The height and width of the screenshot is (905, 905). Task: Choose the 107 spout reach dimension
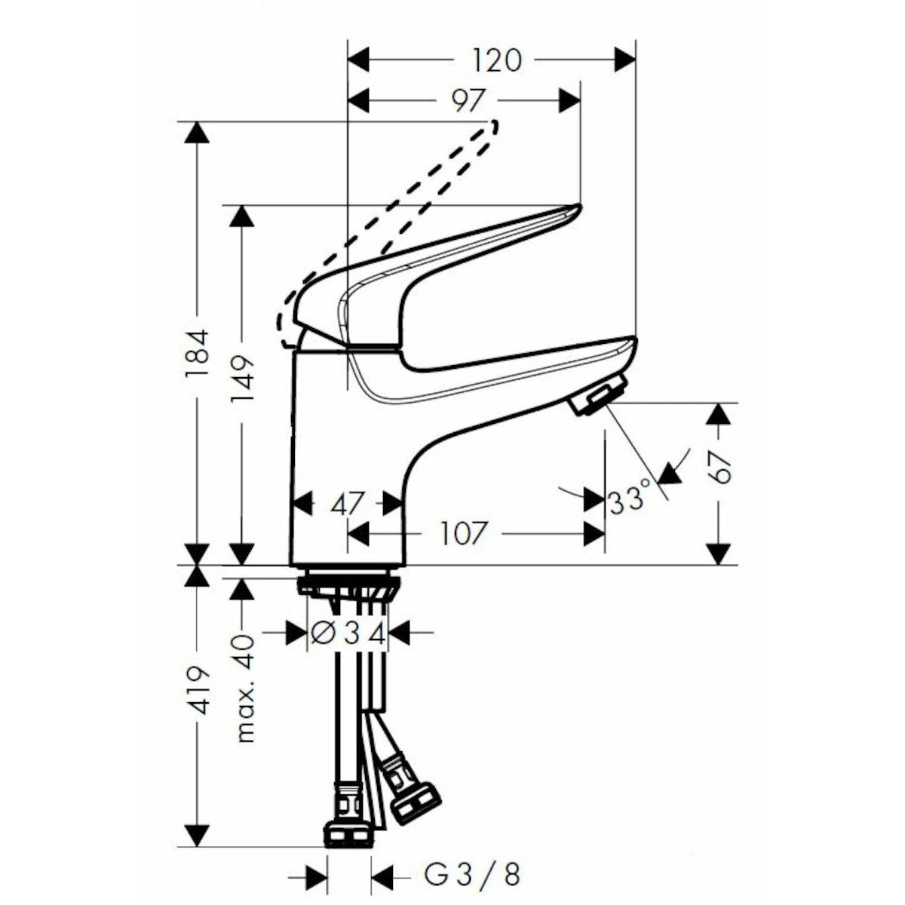click(x=462, y=534)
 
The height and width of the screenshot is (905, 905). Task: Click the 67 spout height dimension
click(x=722, y=468)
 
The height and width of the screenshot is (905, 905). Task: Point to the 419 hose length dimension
click(x=198, y=690)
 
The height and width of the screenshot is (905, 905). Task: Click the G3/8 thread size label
click(x=472, y=875)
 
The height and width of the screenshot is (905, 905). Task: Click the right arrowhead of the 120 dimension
click(x=625, y=60)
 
